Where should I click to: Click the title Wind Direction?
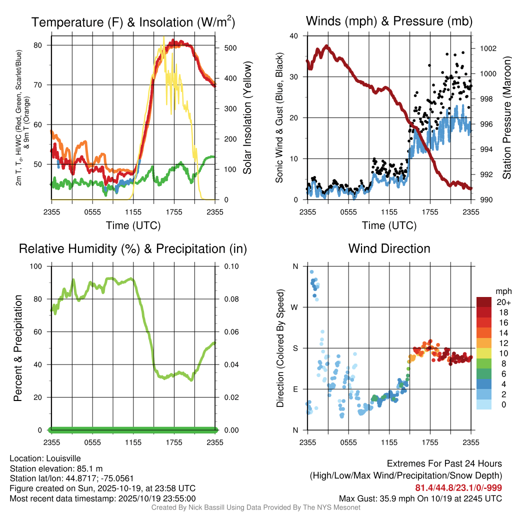(389, 248)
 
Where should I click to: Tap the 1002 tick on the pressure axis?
(488, 48)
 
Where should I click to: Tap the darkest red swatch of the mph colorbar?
(484, 302)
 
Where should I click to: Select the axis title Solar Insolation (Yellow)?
(247, 118)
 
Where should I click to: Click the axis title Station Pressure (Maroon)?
(506, 118)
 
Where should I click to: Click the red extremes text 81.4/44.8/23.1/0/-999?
(458, 488)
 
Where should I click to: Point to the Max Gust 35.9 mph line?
(420, 498)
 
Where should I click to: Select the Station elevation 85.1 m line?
(56, 468)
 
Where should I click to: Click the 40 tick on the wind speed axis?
(294, 36)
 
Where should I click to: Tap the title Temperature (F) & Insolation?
(133, 22)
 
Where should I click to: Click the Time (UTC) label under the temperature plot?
(133, 225)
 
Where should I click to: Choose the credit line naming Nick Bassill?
(255, 507)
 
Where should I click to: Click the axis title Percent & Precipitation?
(17, 348)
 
